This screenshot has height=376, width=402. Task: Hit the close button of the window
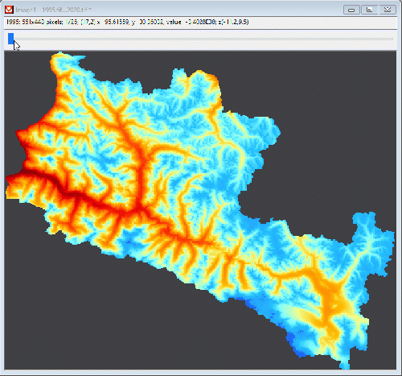coord(386,9)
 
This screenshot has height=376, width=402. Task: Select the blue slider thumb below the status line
coord(10,37)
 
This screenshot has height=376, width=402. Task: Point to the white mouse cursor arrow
coord(17,45)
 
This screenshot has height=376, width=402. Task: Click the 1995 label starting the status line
coord(13,21)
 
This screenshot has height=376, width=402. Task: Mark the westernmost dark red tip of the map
coord(7,192)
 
